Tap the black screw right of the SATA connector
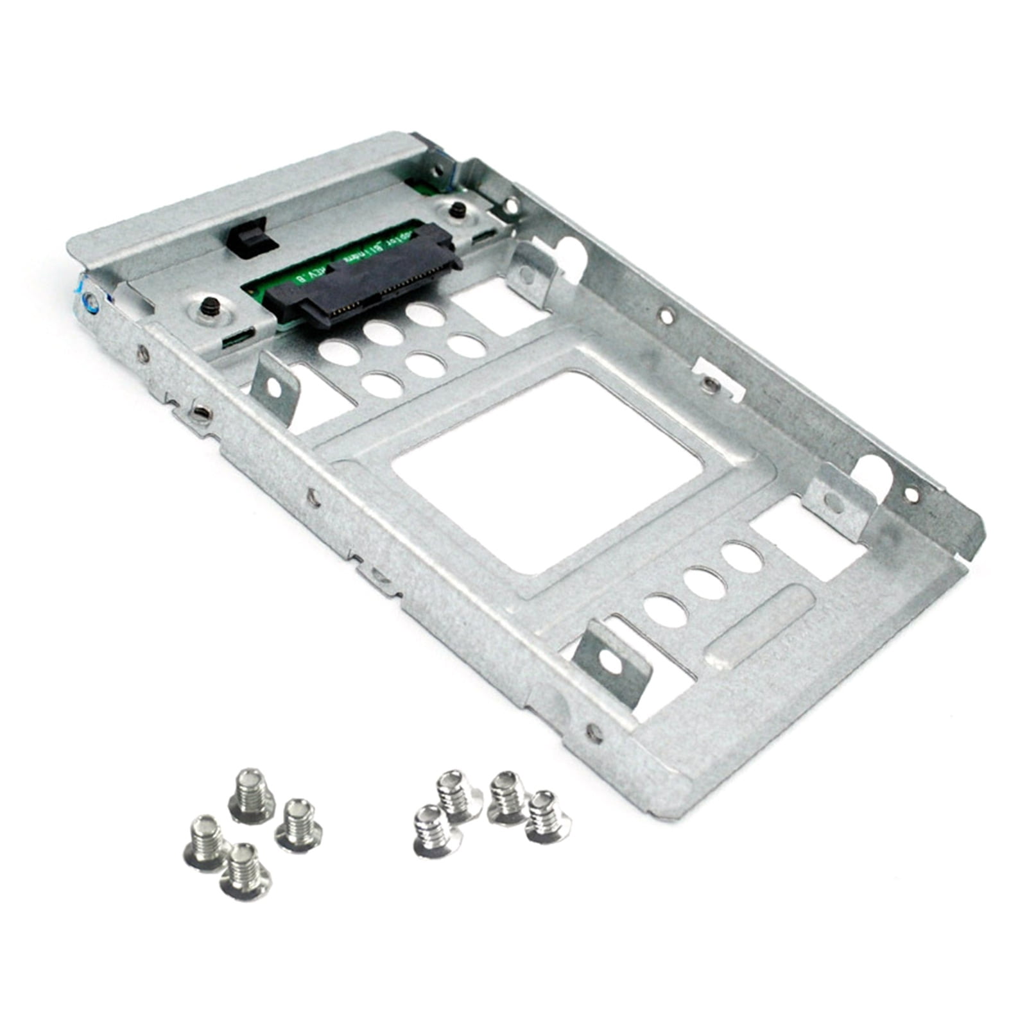click(x=458, y=209)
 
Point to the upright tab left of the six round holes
click(x=275, y=388)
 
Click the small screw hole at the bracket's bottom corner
click(x=593, y=732)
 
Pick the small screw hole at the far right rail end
click(x=911, y=494)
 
